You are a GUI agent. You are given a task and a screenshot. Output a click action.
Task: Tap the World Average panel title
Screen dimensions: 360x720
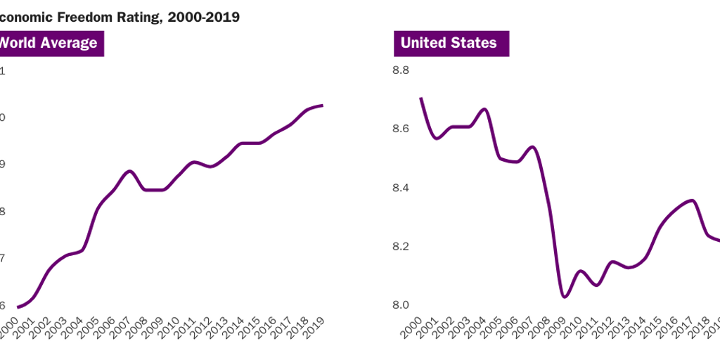[x=48, y=43]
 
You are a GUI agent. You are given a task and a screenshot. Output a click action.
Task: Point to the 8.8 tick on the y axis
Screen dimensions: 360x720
[x=401, y=70]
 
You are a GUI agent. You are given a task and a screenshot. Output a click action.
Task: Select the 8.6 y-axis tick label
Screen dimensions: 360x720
[x=401, y=129]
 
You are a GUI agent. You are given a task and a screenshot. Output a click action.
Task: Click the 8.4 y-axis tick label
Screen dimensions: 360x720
[x=401, y=188]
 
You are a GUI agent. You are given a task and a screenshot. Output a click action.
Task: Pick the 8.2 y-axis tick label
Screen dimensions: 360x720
[x=401, y=247]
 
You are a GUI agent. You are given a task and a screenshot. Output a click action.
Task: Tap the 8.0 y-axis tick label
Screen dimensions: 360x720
[x=401, y=305]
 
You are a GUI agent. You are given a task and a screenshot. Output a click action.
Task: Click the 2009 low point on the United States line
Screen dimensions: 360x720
[x=565, y=297]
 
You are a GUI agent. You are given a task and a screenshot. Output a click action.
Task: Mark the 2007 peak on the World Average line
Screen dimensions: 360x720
[x=129, y=171]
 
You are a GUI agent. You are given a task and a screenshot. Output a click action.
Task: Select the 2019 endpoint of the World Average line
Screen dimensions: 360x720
[x=322, y=105]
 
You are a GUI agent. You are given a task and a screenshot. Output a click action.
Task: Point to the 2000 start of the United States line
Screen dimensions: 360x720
[x=420, y=98]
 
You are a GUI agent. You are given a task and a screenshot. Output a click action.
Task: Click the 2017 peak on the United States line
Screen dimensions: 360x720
[x=693, y=200]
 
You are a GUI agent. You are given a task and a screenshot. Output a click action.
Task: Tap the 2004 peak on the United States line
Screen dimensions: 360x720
[x=484, y=109]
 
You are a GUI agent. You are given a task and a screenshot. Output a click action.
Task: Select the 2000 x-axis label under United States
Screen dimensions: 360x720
[x=412, y=328]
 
